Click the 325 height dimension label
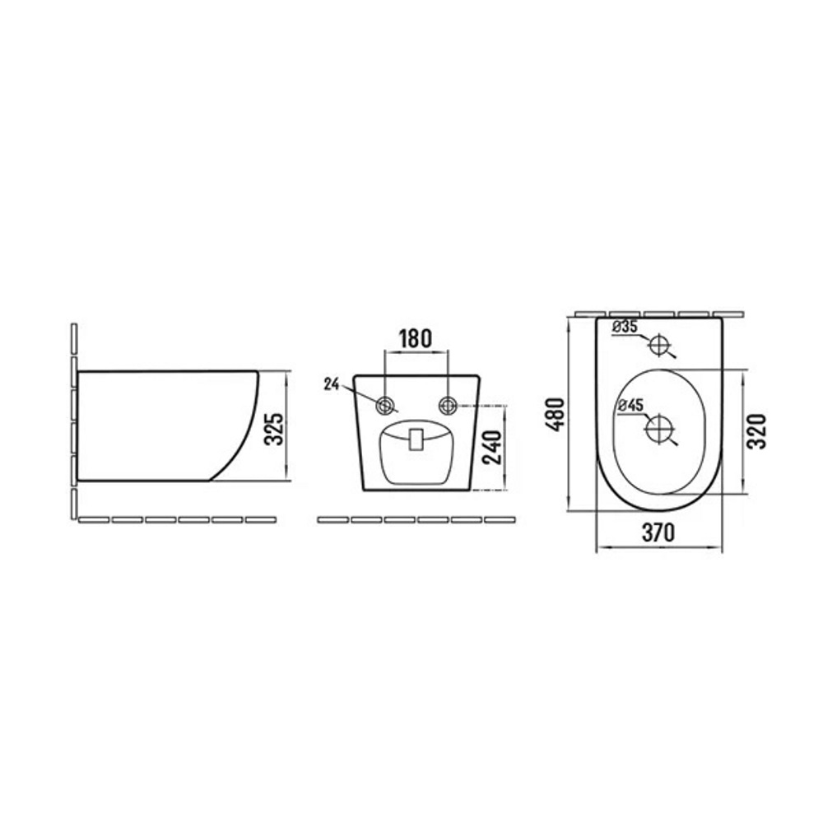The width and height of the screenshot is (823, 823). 274,429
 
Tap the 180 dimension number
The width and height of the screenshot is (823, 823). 415,338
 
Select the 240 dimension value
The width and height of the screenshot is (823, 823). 492,447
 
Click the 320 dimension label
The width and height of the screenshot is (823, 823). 756,431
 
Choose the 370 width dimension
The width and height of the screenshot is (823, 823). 658,532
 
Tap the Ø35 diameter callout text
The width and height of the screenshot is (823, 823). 625,327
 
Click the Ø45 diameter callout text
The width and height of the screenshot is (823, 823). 631,405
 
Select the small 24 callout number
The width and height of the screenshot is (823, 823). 331,384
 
